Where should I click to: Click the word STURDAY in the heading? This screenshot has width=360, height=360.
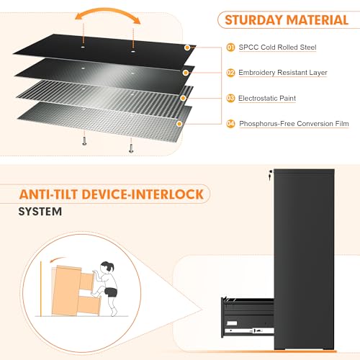point(253,20)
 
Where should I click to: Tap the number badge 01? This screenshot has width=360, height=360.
point(230,48)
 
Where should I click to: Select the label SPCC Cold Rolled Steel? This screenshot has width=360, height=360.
point(277,48)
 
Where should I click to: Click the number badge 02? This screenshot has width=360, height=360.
point(230,73)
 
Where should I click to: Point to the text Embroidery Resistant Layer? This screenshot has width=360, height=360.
point(283,73)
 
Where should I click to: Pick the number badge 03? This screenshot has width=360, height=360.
point(230,98)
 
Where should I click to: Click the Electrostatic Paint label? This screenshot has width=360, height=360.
point(267,98)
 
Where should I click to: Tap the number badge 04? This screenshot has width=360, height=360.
point(230,124)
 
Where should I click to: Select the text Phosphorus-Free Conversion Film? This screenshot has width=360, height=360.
point(294,124)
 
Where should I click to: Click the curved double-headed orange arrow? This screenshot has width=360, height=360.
point(107,10)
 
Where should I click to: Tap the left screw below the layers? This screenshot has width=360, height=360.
point(84,140)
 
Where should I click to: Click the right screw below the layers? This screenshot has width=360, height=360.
point(131,148)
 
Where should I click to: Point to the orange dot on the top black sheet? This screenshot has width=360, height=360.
point(187,48)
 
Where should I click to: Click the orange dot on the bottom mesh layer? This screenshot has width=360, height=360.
point(179,124)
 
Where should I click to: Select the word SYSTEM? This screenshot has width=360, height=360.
point(40,212)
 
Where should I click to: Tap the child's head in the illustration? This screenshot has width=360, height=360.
point(107,267)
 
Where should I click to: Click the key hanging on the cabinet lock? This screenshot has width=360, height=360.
point(271,175)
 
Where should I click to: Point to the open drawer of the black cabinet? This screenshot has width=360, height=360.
point(248,317)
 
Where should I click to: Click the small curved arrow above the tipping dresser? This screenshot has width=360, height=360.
point(57,260)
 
